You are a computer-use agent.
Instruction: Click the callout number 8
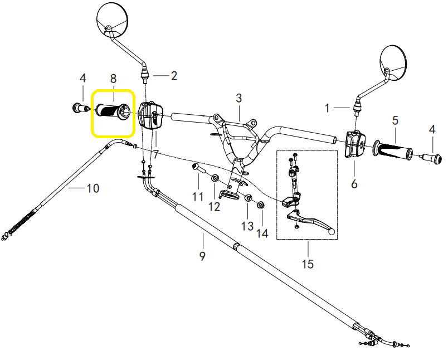pos(114,79)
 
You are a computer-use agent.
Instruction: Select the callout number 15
pos(308,264)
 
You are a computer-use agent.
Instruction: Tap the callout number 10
pos(93,188)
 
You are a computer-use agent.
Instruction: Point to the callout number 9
pos(202,256)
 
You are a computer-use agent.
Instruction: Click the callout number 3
pos(239,98)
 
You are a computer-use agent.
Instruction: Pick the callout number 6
pos(354,184)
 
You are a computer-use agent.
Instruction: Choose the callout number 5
pos(395,120)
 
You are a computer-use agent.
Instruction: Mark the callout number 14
pos(263,233)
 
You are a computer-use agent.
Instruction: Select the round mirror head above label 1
pos(393,62)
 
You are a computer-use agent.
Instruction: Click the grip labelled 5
pos(393,150)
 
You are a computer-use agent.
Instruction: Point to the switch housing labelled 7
pos(150,116)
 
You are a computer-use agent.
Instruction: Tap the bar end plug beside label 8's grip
pos(80,108)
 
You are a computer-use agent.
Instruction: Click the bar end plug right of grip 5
pos(432,157)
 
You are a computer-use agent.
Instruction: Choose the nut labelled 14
pos(261,205)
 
